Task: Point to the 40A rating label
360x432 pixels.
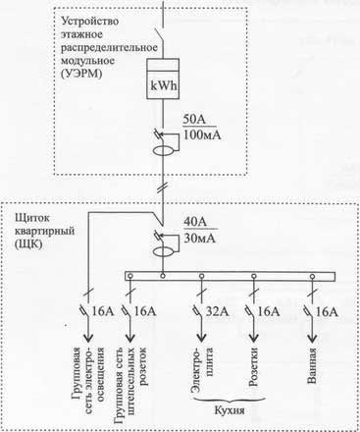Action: tap(198, 222)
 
